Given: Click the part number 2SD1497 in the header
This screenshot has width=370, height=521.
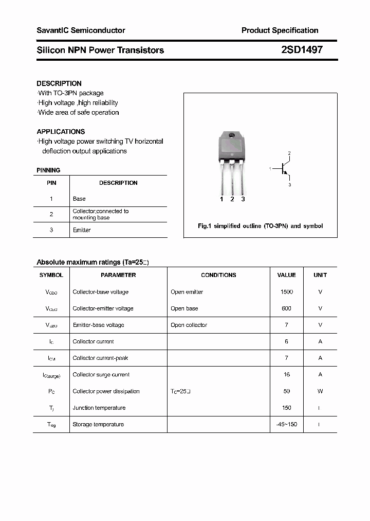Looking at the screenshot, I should [302, 50].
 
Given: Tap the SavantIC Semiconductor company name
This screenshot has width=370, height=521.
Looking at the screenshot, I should [81, 30].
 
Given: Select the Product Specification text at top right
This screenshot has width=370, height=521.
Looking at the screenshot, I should [280, 30].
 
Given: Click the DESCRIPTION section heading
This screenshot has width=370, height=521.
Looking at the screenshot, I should [59, 83].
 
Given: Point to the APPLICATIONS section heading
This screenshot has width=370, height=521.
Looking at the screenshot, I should [61, 132].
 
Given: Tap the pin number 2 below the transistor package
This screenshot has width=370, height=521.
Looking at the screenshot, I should [232, 199].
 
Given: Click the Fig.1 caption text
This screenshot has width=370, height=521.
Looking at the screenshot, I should [260, 226].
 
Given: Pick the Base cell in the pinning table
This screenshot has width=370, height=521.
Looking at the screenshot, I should [79, 199].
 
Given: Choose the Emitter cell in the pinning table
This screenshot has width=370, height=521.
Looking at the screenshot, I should [82, 230].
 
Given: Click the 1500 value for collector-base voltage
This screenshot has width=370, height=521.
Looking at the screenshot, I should [286, 292].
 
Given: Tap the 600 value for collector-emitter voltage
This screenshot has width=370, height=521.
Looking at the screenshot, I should [286, 308].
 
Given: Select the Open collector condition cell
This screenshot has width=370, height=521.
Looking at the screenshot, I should [189, 325].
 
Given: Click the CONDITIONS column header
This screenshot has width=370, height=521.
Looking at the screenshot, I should [218, 275].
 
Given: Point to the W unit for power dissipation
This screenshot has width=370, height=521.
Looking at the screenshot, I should [320, 391].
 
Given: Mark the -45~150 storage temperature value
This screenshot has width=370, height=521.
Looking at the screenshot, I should [286, 424].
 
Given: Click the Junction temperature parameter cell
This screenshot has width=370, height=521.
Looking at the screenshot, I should [99, 408].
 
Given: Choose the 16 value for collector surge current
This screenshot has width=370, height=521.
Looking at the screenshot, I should [286, 375].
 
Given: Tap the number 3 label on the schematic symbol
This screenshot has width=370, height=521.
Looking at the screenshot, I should [289, 184].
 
